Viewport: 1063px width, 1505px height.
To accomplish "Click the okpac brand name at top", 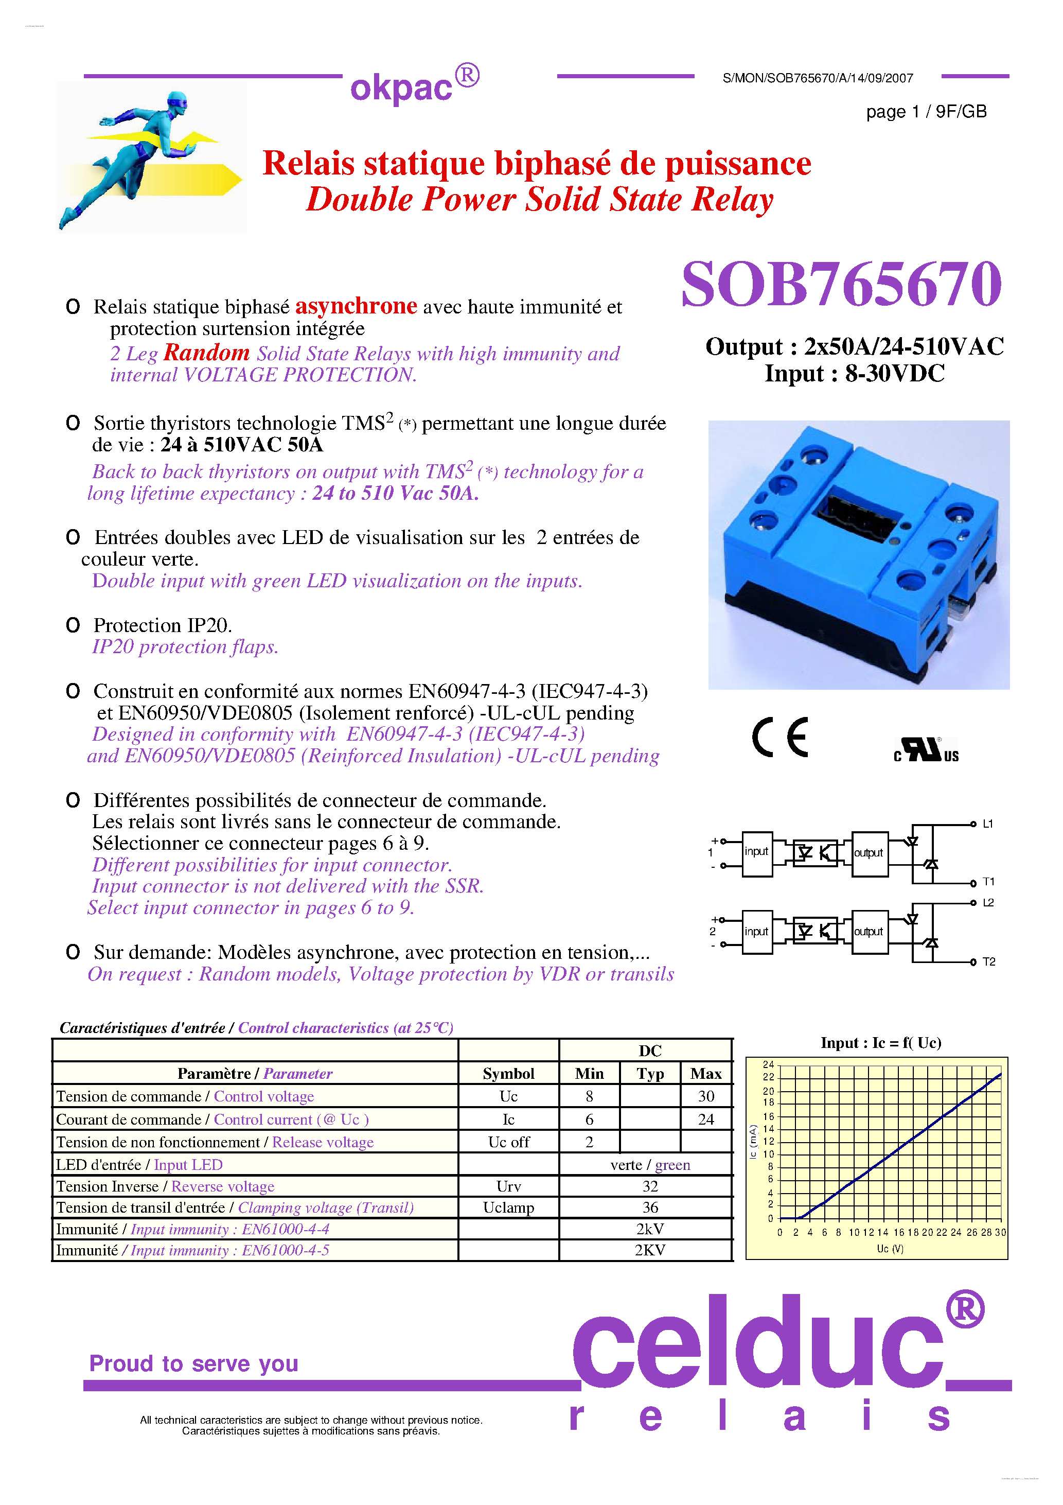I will click(401, 88).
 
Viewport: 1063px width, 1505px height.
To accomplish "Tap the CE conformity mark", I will click(780, 738).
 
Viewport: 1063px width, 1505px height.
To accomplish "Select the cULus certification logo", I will click(926, 750).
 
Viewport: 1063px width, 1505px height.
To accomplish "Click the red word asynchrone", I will click(356, 306).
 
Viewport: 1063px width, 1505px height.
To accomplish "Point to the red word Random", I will click(206, 353).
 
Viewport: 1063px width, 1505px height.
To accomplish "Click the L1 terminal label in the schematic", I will click(988, 824).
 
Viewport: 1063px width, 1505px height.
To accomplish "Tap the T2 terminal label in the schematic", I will click(988, 961).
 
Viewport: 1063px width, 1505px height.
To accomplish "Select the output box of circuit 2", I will click(869, 932).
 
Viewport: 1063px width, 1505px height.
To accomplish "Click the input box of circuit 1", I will click(756, 852).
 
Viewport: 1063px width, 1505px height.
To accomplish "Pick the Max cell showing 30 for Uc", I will click(706, 1096).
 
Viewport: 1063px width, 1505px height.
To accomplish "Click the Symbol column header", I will click(508, 1073).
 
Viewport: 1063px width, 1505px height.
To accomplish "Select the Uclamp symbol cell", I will click(508, 1207).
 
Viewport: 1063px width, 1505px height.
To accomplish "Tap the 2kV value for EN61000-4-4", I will click(649, 1229).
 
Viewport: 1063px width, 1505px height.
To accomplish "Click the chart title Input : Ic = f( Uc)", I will click(880, 1043).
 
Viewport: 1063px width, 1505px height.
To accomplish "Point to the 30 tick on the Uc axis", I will click(1000, 1232).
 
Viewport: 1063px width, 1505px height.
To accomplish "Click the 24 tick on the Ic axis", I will click(768, 1064).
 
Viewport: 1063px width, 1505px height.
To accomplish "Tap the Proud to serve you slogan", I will click(194, 1363).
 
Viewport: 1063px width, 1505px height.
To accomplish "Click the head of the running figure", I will click(176, 101).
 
